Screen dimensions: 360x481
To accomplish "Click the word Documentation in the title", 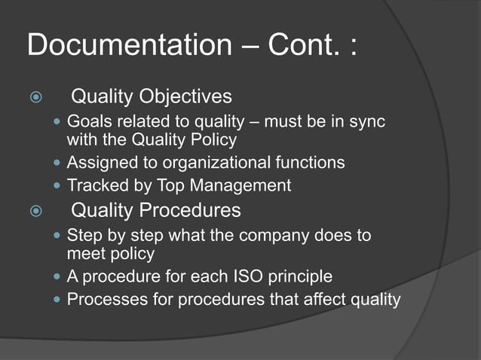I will tap(124, 45).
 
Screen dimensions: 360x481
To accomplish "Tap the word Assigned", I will tap(99, 163).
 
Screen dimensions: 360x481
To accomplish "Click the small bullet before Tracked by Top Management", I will tap(58, 185).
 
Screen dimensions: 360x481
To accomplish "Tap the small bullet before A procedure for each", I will tap(58, 277).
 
